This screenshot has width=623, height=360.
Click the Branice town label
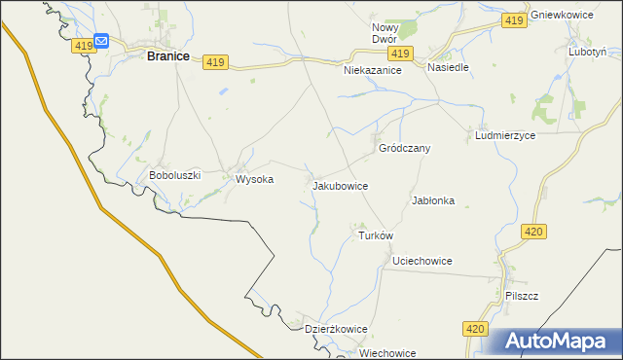tap(167, 56)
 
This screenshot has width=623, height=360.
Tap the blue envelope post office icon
tap(101, 41)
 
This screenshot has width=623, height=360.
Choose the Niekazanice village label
tap(373, 71)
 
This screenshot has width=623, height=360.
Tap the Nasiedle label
tap(449, 68)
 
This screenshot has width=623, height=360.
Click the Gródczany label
tap(404, 148)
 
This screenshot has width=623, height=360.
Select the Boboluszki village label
tap(174, 175)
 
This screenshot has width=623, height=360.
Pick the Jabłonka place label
tap(434, 200)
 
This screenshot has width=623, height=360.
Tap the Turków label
tap(375, 235)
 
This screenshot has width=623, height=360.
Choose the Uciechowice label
tap(421, 261)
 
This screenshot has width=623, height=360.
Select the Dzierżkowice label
tap(336, 329)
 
